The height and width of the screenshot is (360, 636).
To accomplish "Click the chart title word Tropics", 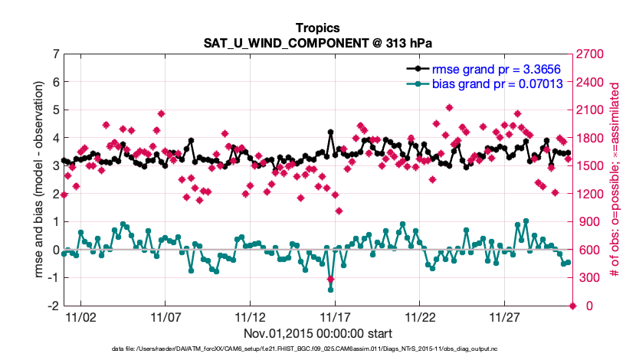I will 317,28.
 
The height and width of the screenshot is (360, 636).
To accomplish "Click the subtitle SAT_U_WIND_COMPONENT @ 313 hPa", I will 317,42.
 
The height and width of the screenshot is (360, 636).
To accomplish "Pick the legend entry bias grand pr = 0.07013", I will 497,83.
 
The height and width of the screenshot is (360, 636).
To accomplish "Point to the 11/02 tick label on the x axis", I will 80,316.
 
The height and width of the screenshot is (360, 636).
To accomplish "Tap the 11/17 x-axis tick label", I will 335,316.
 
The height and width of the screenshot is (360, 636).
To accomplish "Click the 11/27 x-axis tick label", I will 505,316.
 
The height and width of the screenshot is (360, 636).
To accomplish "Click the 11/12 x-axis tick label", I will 250,316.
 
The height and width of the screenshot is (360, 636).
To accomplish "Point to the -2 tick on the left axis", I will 53,306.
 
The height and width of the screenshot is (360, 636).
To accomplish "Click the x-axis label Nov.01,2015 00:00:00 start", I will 317,333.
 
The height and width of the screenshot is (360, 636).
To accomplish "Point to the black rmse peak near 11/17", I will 330,133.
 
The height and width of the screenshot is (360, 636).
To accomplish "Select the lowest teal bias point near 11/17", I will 330,290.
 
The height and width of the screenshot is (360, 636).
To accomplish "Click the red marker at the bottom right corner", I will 572,306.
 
